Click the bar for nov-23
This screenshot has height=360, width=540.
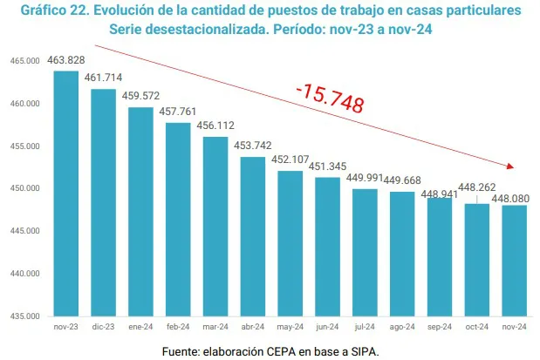point(66,192)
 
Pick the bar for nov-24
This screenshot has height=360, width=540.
point(514,260)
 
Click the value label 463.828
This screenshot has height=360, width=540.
point(66,59)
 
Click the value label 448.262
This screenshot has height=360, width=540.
point(476,186)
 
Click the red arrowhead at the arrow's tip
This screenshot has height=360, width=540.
point(513,166)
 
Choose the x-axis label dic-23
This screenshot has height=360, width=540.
point(103,328)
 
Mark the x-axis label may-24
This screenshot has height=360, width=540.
point(290,328)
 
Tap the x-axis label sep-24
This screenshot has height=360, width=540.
point(439,328)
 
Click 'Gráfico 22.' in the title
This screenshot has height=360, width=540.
point(56,10)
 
